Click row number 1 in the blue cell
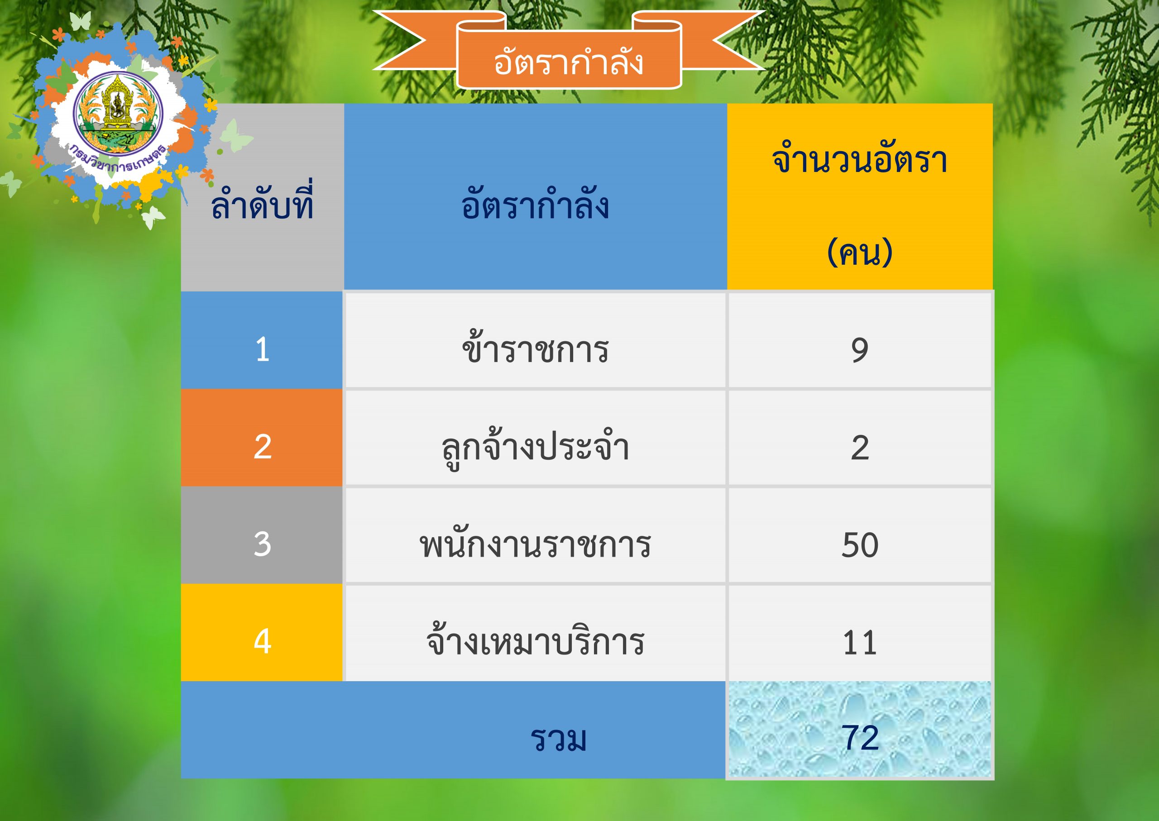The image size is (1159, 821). [x=263, y=349]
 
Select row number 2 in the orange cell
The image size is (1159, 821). [x=263, y=447]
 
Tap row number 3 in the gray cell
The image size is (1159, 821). [x=263, y=544]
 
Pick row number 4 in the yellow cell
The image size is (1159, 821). [x=263, y=642]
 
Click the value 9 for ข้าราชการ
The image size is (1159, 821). [x=860, y=350]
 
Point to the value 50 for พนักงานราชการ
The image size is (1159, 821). [x=860, y=545]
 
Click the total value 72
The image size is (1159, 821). [x=860, y=738]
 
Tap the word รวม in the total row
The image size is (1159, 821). [x=558, y=739]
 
